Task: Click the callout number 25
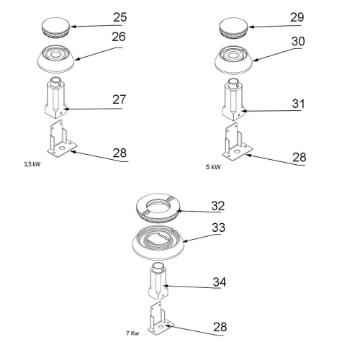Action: click(120, 17)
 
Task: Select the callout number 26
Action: click(119, 37)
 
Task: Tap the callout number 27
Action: click(120, 99)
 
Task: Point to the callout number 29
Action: click(297, 17)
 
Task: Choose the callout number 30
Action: click(298, 41)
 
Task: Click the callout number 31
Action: click(298, 104)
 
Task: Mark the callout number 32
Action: click(218, 206)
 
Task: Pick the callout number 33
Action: click(219, 228)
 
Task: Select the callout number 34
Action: click(220, 282)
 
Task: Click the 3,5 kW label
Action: click(32, 164)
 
